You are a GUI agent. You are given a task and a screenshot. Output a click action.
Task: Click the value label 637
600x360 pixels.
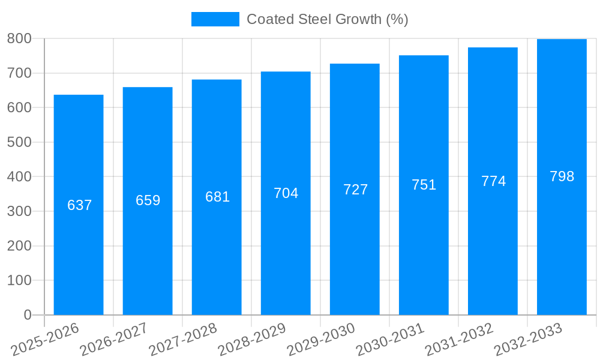(79, 205)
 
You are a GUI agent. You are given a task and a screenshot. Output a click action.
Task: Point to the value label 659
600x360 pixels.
(148, 200)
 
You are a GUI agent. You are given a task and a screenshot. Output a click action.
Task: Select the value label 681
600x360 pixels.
(217, 197)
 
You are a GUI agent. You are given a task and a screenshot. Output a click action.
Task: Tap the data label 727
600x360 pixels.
(355, 190)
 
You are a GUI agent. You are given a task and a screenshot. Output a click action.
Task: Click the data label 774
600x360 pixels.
(493, 181)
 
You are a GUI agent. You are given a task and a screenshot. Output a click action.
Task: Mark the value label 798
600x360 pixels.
(562, 176)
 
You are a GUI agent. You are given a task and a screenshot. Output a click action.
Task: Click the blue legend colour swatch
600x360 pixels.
(215, 19)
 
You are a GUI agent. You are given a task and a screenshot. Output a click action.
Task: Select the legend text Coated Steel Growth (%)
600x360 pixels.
(327, 19)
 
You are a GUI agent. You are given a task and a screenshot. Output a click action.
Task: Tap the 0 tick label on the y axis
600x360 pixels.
(27, 315)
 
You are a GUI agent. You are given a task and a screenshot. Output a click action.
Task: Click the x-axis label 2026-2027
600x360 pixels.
(115, 340)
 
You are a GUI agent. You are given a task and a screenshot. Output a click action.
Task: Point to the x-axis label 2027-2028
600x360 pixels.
(184, 340)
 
